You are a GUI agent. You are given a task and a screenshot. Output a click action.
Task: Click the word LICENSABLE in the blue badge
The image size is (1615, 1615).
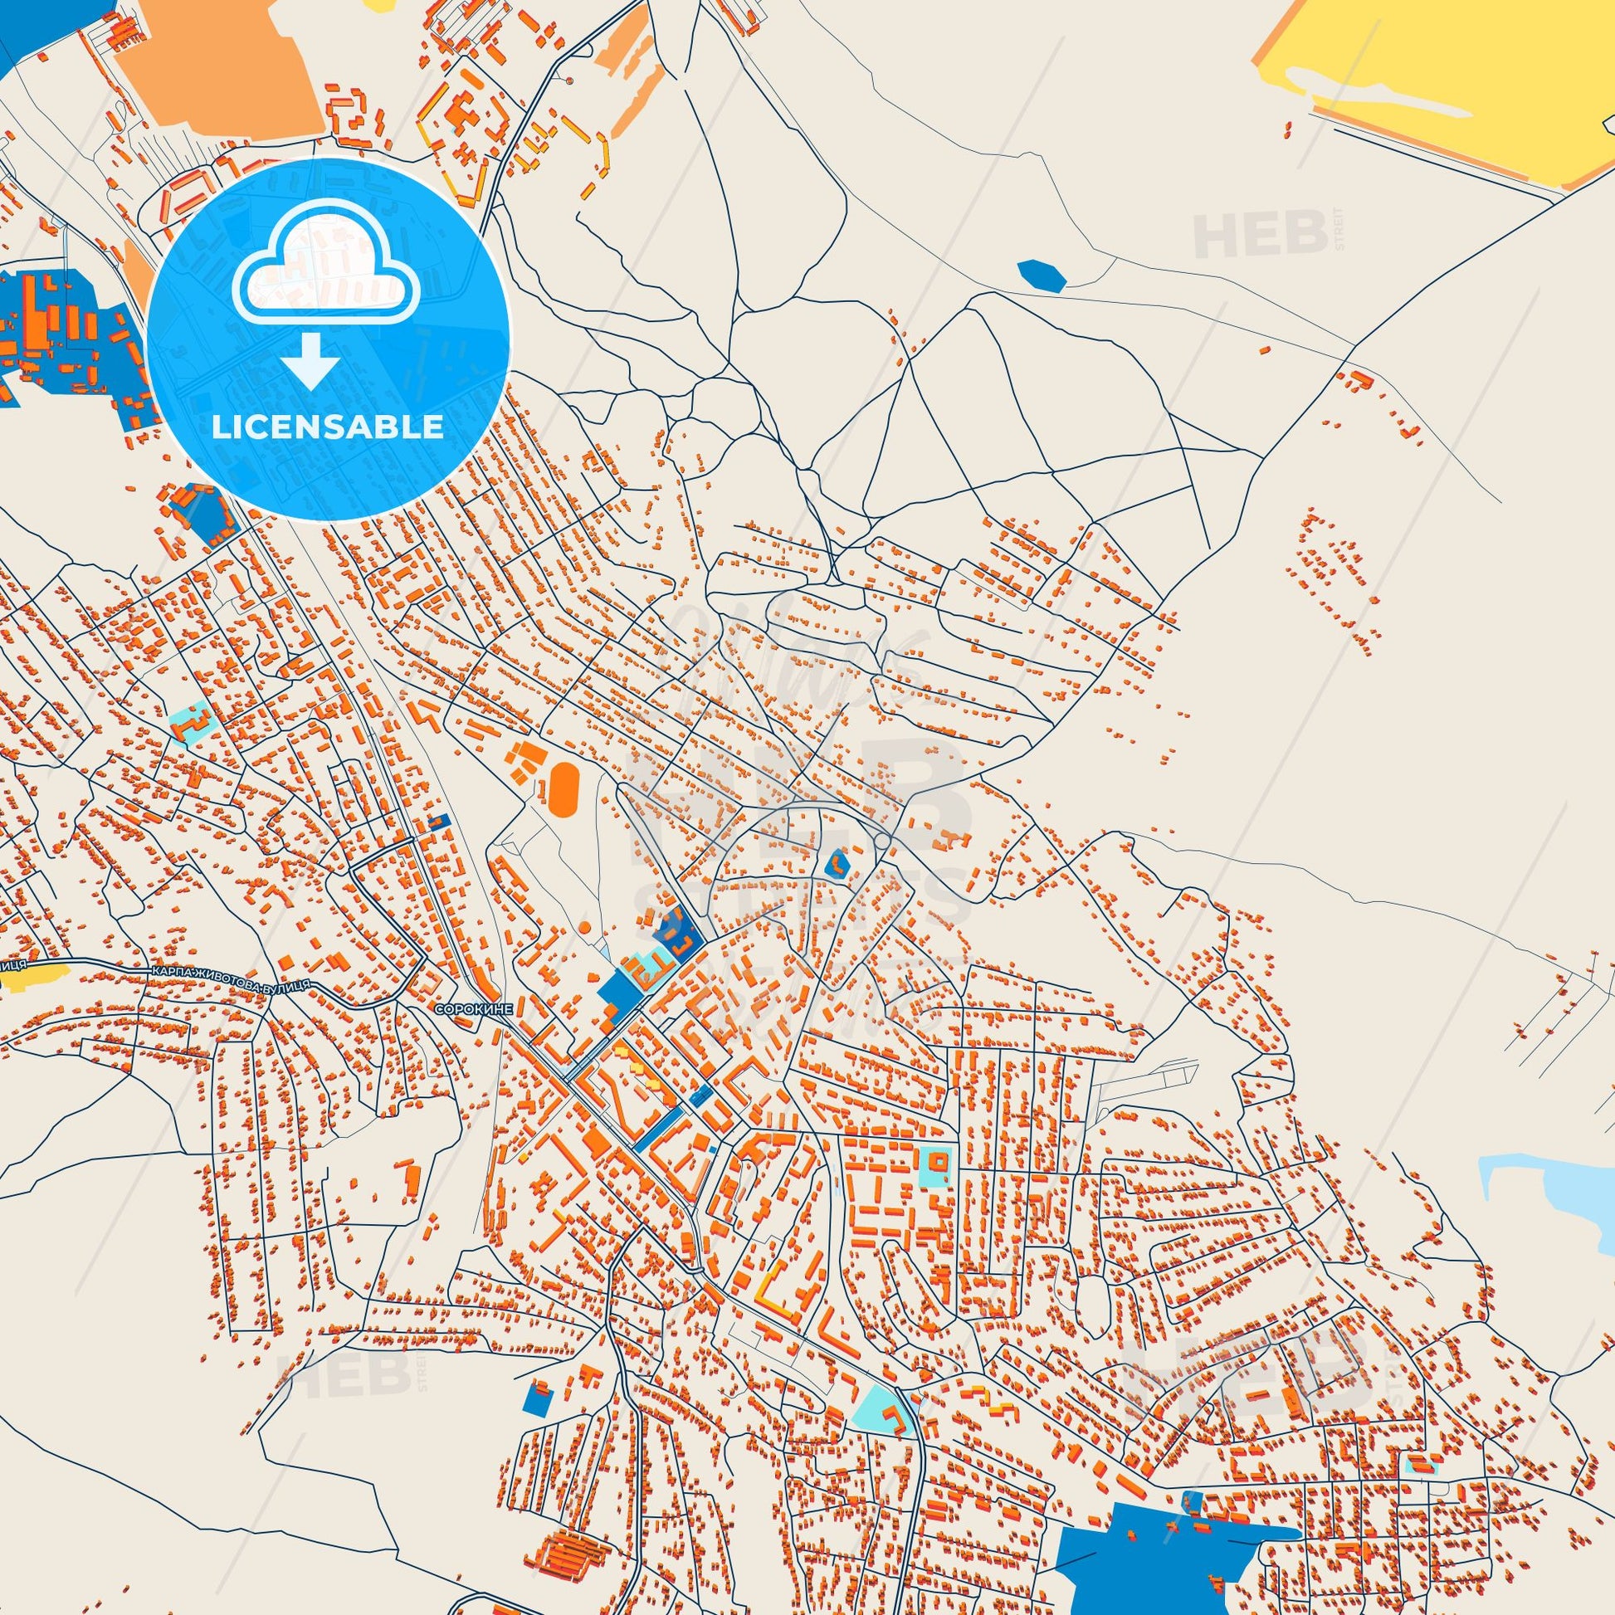pyautogui.click(x=328, y=427)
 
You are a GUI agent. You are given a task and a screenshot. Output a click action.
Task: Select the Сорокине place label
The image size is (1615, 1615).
pyautogui.click(x=471, y=1010)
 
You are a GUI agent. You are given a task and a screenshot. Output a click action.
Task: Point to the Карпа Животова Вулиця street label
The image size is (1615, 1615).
pyautogui.click(x=231, y=979)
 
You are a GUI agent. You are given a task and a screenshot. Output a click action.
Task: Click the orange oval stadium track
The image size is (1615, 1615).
pyautogui.click(x=564, y=788)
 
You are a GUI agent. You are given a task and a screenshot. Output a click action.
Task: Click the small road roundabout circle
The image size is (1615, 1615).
pyautogui.click(x=882, y=817)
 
